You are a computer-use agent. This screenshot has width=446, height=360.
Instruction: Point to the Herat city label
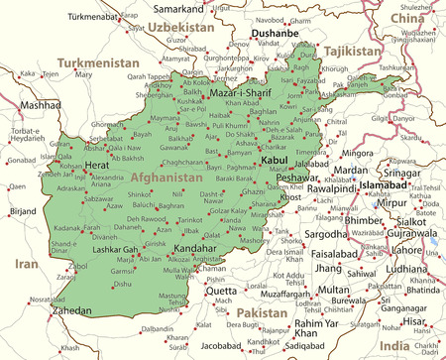[x=97, y=166]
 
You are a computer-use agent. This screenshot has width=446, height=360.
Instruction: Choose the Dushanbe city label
[x=276, y=33]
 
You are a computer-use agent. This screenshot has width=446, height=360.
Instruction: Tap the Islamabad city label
[x=384, y=184]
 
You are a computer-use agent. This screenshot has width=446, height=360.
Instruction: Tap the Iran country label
[x=26, y=264]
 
